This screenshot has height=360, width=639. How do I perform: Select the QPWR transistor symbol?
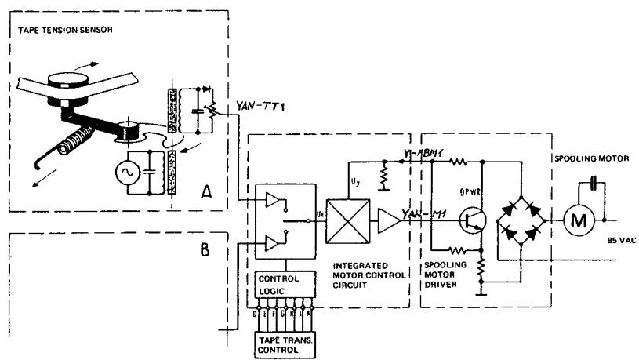pos(473,222)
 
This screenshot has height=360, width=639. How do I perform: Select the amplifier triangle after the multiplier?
pos(387,223)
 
